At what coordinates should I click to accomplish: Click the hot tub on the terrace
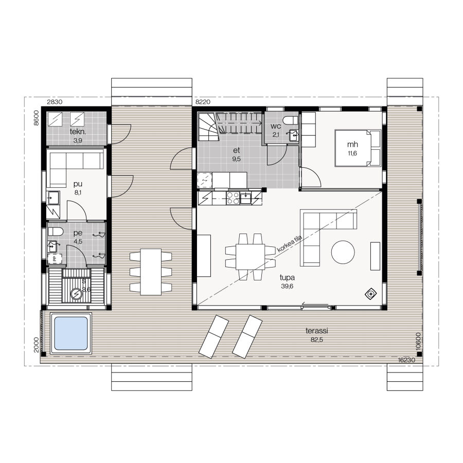71,333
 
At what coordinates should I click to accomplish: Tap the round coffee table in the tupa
343,253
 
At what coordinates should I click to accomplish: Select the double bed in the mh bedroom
358,148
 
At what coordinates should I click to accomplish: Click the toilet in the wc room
291,121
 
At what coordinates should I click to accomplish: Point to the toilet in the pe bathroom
55,232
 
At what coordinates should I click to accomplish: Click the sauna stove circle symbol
77,294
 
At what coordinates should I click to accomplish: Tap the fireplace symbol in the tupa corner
371,294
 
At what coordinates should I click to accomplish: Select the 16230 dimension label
406,360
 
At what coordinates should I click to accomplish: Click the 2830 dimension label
55,102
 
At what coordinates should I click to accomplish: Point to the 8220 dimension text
203,102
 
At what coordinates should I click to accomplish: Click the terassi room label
316,331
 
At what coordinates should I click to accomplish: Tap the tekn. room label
78,132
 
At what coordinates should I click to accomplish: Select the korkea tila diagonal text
290,244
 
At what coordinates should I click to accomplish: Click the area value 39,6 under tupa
287,286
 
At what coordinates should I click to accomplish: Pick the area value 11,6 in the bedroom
352,153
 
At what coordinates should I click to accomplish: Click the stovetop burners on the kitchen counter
233,198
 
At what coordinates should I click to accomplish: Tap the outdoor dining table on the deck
151,272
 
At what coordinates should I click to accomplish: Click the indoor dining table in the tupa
251,256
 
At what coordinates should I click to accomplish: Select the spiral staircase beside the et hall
209,127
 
